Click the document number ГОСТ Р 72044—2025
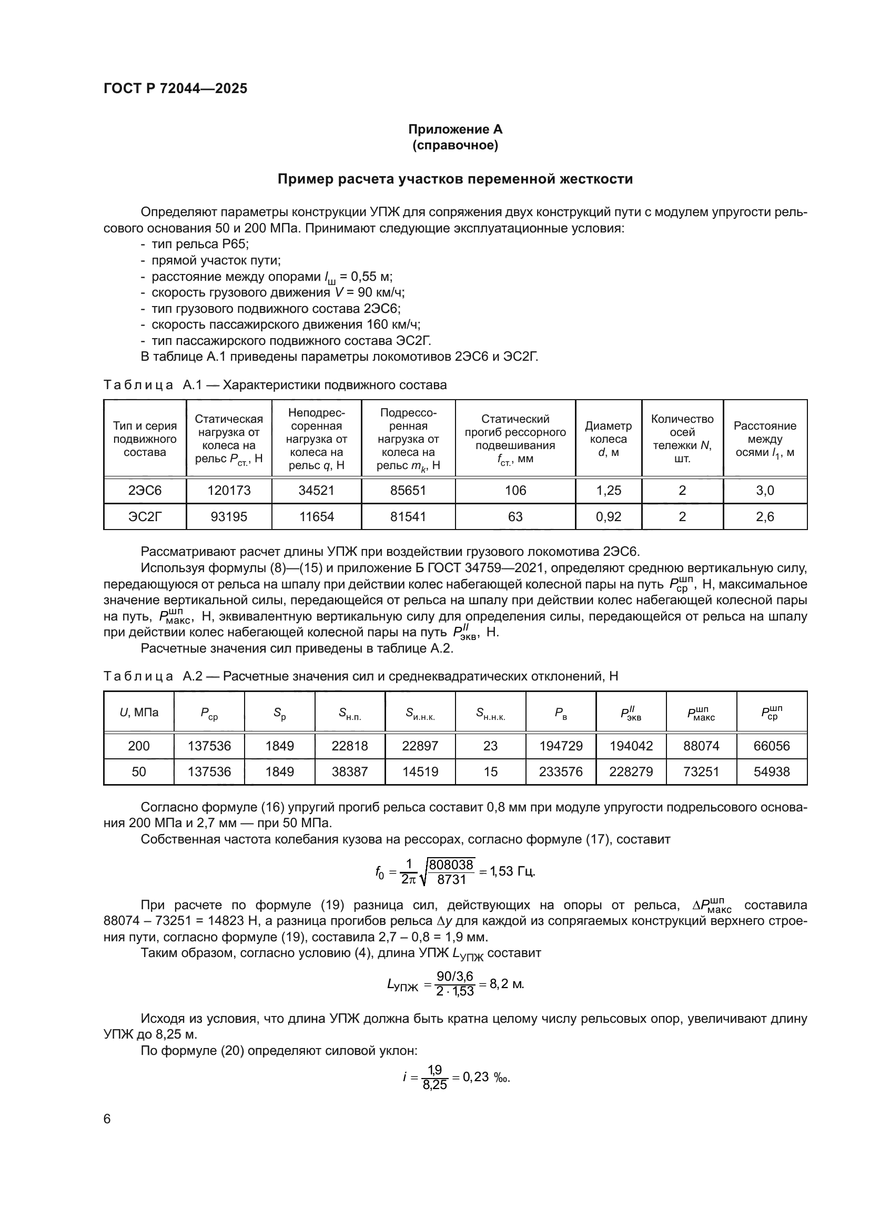point(175,88)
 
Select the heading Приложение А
point(455,129)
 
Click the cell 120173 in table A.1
point(229,490)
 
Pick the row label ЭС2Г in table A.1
point(145,516)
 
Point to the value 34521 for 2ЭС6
point(316,490)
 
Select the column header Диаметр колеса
point(608,439)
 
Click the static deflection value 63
point(515,516)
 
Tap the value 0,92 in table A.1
point(609,516)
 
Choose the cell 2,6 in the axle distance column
point(764,516)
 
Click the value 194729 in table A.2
point(560,746)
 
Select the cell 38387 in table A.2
point(350,771)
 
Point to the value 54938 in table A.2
point(772,771)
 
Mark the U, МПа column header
point(139,713)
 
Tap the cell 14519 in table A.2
point(420,771)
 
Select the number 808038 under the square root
point(451,865)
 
